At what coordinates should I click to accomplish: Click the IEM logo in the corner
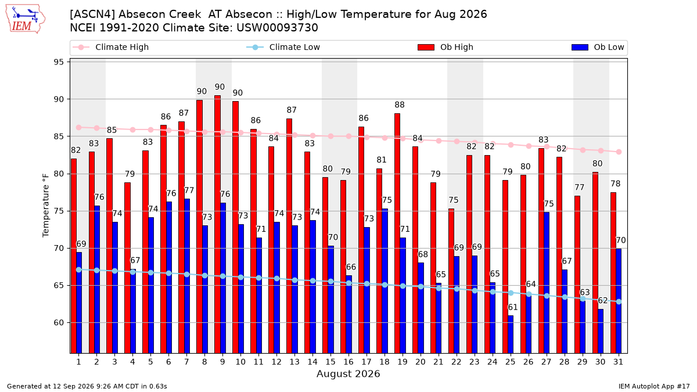pyautogui.click(x=26, y=19)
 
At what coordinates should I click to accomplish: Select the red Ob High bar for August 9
pyautogui.click(x=217, y=224)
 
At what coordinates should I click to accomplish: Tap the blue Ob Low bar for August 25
pyautogui.click(x=511, y=335)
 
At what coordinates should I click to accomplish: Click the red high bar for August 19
pyautogui.click(x=397, y=233)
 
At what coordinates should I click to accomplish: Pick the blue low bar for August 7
pyautogui.click(x=187, y=276)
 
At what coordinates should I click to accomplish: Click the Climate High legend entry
pyautogui.click(x=110, y=47)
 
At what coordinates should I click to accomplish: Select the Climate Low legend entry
pyautogui.click(x=283, y=47)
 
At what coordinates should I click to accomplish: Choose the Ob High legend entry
pyautogui.click(x=445, y=47)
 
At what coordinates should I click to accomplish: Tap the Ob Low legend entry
pyautogui.click(x=598, y=47)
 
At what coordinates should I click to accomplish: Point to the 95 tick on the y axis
pyautogui.click(x=59, y=62)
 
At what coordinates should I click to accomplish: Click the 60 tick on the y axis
pyautogui.click(x=59, y=323)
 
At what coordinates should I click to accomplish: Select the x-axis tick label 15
pyautogui.click(x=330, y=362)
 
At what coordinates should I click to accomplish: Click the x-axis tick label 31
pyautogui.click(x=618, y=362)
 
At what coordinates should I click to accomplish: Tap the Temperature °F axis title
pyautogui.click(x=46, y=206)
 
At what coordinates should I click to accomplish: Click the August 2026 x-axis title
pyautogui.click(x=348, y=373)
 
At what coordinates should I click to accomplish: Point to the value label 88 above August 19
pyautogui.click(x=400, y=105)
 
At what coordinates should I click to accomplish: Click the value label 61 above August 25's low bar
pyautogui.click(x=513, y=307)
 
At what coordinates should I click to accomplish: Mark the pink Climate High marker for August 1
pyautogui.click(x=79, y=128)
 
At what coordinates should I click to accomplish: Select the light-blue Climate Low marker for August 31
pyautogui.click(x=619, y=302)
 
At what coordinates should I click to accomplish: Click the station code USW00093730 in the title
pyautogui.click(x=277, y=28)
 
